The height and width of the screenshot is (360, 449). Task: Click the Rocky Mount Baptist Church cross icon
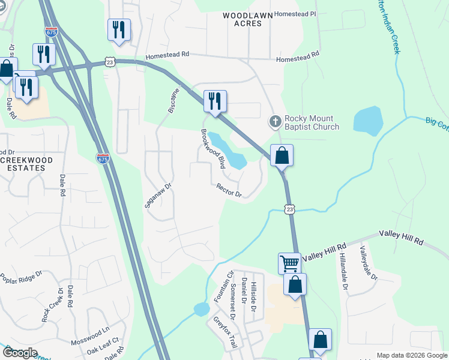[275, 122]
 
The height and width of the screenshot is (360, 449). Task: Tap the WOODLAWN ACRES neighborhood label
[243, 19]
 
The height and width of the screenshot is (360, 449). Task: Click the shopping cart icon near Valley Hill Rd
[289, 263]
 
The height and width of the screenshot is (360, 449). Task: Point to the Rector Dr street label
[229, 190]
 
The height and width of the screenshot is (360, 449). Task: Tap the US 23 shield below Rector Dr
[290, 209]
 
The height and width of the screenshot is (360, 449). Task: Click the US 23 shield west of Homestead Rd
[109, 62]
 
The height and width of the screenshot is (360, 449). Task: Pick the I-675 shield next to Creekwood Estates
[103, 158]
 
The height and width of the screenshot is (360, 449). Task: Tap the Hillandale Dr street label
[345, 278]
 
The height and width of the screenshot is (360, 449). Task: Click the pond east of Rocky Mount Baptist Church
[367, 119]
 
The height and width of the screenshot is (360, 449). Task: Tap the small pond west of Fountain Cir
[201, 309]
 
